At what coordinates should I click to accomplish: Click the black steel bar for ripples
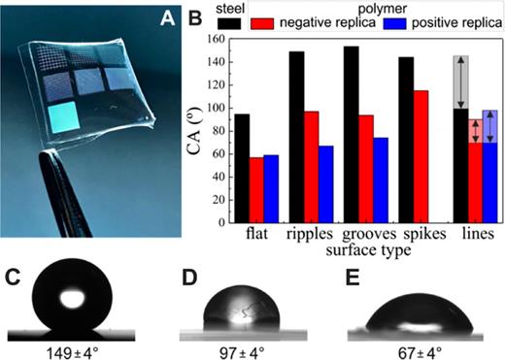click(x=296, y=137)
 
